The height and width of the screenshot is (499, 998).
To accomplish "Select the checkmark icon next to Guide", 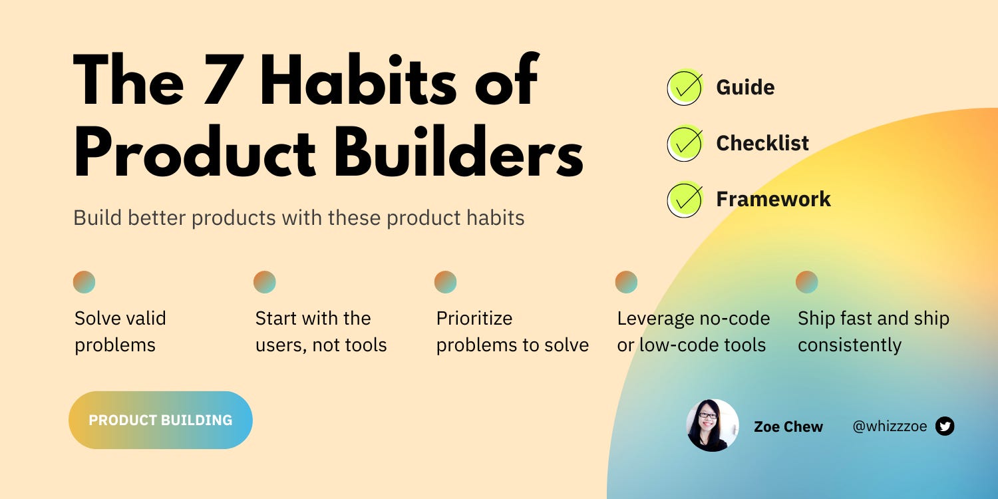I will [x=685, y=87].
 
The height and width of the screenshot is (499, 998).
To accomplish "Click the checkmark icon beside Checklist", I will [x=685, y=143].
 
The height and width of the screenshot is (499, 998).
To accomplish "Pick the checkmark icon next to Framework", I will [x=685, y=199].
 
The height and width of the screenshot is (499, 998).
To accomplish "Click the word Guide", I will [x=745, y=87].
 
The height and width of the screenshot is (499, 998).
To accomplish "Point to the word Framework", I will [x=773, y=199].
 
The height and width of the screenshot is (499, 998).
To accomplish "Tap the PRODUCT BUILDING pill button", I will [x=160, y=420].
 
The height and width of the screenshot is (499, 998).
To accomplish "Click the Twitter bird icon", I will [x=945, y=426].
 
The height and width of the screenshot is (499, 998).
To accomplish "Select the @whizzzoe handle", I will [x=890, y=426].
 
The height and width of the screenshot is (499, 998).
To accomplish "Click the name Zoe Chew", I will [x=788, y=427].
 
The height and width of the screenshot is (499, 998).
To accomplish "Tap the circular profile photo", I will [x=713, y=426].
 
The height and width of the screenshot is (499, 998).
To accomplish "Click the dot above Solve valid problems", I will [x=84, y=282].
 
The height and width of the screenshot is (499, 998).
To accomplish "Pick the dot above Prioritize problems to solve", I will [x=446, y=282].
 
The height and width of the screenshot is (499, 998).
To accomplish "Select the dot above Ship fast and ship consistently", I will [x=807, y=282].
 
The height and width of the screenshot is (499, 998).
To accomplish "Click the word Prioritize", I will [x=474, y=319].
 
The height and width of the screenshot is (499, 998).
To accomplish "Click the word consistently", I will [x=850, y=345].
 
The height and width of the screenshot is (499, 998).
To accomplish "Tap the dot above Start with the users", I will [x=265, y=282].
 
